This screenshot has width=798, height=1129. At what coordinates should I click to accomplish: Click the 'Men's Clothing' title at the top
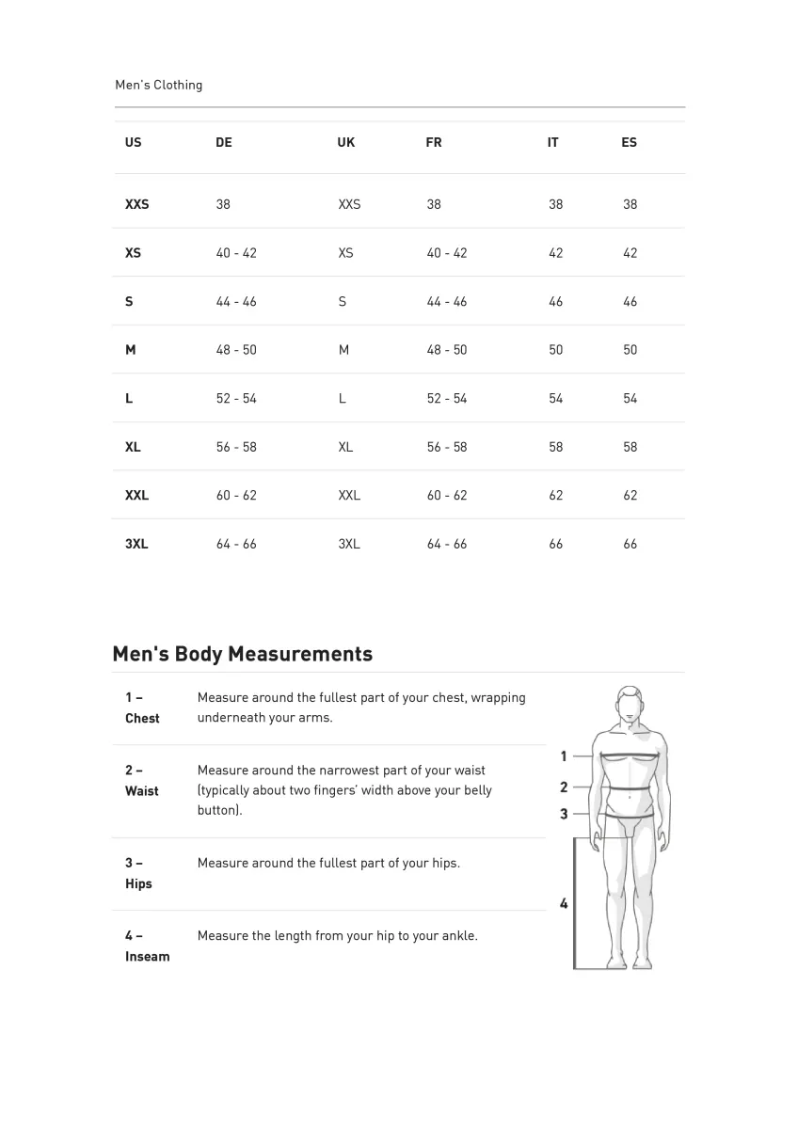click(158, 85)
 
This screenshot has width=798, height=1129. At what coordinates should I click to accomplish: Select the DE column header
click(224, 143)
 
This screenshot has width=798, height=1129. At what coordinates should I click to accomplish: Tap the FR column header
click(434, 143)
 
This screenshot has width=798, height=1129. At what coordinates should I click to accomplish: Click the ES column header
click(629, 143)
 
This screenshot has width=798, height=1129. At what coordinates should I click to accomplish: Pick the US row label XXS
click(136, 204)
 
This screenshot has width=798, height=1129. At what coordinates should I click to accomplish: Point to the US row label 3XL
click(136, 544)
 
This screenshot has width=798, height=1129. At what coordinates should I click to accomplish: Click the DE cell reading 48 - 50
click(236, 350)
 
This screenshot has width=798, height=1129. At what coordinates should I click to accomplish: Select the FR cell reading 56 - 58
click(447, 447)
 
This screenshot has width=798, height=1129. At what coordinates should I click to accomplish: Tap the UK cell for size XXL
click(349, 496)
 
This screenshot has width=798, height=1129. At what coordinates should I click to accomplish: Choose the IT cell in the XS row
click(556, 253)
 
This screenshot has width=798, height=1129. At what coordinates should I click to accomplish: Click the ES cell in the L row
click(630, 399)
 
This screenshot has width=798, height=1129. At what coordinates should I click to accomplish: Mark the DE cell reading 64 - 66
click(236, 544)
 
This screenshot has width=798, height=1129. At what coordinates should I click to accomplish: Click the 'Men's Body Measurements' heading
click(242, 654)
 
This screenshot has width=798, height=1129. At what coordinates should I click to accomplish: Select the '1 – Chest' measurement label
click(142, 708)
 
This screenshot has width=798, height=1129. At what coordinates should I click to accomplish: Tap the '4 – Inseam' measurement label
click(147, 946)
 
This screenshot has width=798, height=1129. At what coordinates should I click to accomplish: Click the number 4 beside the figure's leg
click(564, 904)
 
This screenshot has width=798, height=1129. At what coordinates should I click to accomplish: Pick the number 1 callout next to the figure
click(564, 755)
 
